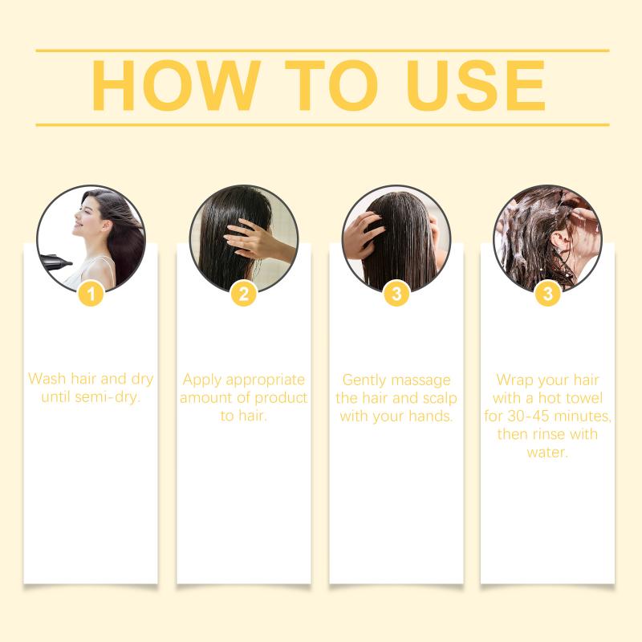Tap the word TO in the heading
331,85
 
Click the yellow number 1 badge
91,294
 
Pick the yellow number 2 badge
244,294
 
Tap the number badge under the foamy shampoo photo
548,294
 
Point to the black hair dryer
55,262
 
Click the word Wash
47,379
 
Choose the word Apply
202,380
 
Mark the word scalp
439,398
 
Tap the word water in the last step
547,453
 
